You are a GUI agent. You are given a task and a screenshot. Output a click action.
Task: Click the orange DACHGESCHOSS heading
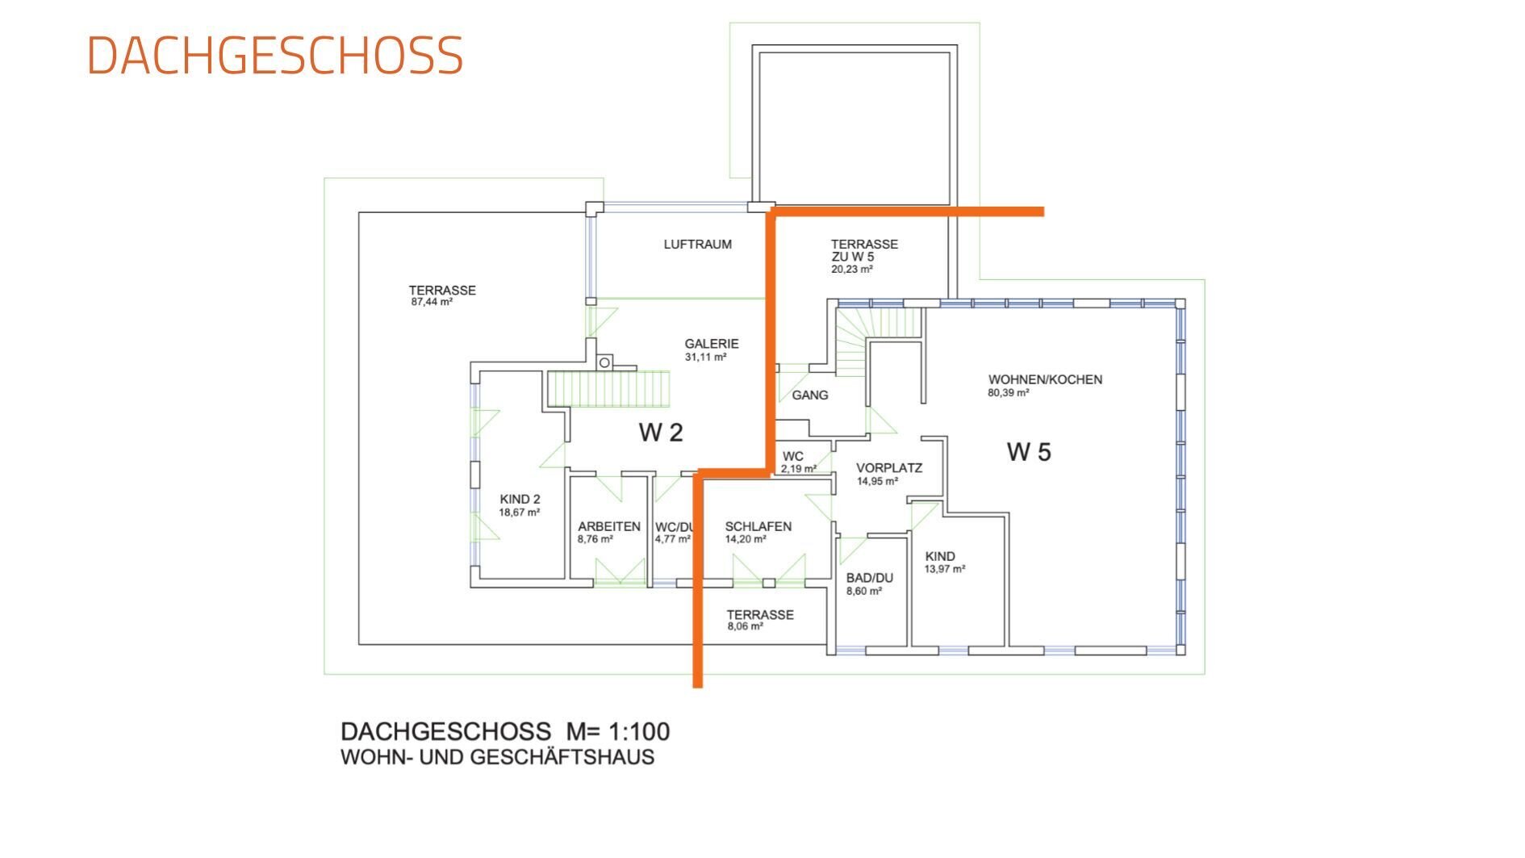click(275, 56)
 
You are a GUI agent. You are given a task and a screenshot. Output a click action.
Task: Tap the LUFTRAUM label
click(698, 244)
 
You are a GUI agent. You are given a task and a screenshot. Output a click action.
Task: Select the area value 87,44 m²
click(432, 303)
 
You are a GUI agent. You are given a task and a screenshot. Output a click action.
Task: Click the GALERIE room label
click(712, 343)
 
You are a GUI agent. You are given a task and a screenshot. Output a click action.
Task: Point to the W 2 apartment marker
click(661, 433)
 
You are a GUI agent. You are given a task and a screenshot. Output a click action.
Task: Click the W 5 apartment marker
click(1029, 452)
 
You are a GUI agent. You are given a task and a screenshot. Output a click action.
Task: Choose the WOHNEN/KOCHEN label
click(1045, 379)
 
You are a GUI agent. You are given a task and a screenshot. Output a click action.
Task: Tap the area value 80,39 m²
click(1009, 393)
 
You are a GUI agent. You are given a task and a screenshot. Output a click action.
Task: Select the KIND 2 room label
click(520, 499)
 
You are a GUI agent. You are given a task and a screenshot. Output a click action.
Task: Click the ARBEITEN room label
click(609, 526)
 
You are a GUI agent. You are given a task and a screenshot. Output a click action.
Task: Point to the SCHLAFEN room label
click(758, 526)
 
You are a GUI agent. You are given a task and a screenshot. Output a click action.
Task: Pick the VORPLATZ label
click(889, 467)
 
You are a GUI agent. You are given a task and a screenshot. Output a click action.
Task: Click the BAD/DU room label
click(870, 578)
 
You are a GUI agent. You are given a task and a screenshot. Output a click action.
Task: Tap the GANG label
click(810, 395)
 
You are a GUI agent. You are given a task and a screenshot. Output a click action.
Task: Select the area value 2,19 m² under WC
click(799, 468)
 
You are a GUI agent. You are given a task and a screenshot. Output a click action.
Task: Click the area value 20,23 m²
click(852, 270)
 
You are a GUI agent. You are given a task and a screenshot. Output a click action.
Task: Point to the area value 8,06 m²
click(745, 626)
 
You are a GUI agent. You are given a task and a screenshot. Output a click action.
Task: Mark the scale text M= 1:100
click(618, 731)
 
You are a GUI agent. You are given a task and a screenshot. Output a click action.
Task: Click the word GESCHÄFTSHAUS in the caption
click(562, 757)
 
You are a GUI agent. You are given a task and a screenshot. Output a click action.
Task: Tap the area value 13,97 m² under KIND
click(945, 569)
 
